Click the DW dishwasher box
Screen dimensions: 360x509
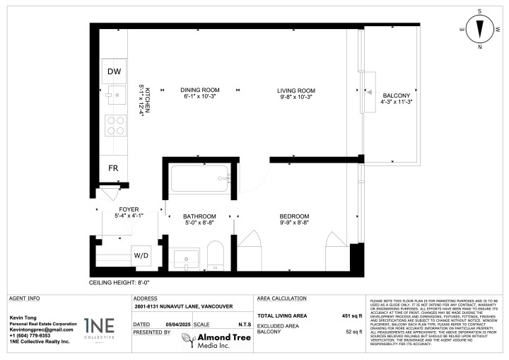pos(114,71)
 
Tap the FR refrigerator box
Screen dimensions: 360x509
pos(113,168)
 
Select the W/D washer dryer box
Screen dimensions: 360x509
pos(141,255)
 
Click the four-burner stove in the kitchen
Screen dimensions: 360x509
pos(115,125)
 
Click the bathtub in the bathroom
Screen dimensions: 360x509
pos(199,178)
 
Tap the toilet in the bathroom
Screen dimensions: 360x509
pos(215,256)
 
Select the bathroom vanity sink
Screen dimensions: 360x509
pos(187,258)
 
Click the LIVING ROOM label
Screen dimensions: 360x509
pos(296,91)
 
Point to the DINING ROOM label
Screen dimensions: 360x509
pos(200,91)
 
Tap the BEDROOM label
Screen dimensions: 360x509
pos(294,216)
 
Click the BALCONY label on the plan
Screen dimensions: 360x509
pos(396,95)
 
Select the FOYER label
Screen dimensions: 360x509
pos(129,210)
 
